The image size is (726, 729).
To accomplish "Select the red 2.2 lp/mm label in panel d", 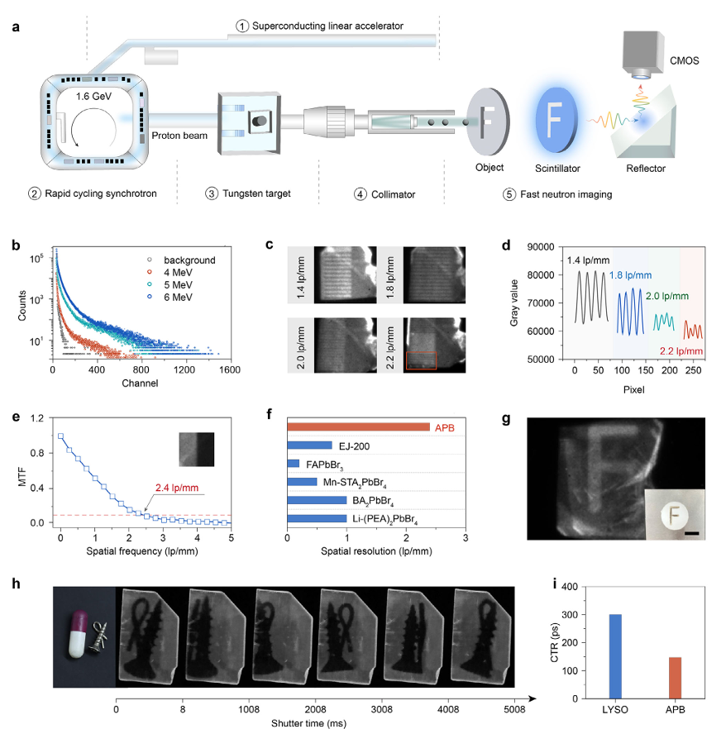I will coord(681,352).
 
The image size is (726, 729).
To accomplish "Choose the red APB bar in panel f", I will coord(358,426).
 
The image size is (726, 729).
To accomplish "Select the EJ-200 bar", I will coord(309,445).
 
